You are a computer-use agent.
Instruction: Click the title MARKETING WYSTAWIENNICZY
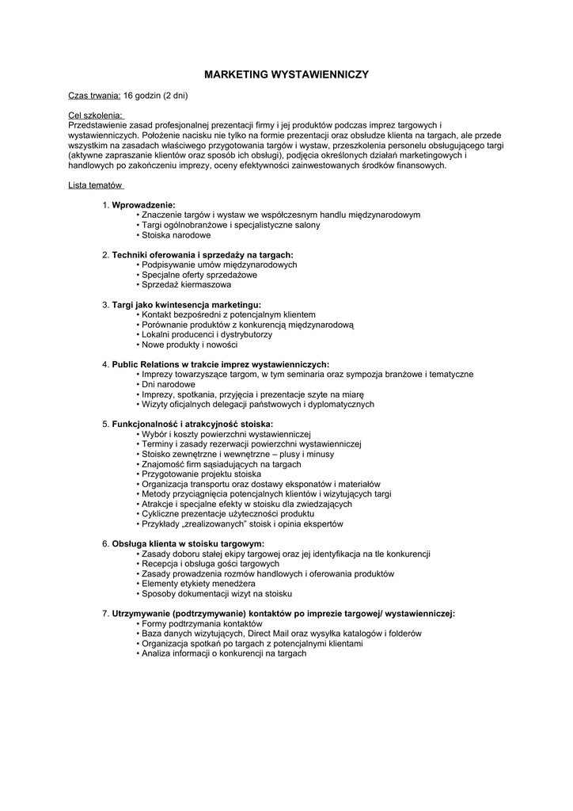coord(286,74)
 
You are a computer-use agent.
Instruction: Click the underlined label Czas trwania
coord(94,96)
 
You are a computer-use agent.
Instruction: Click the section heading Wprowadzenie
coord(144,205)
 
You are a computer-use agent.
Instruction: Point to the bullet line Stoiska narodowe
coord(176,235)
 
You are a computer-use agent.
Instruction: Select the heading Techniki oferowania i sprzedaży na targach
coord(203,255)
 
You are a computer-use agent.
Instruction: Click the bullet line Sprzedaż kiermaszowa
coord(186,284)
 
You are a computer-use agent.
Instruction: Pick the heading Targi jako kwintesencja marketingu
coord(186,304)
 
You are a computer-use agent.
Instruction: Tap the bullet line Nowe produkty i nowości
coord(189,345)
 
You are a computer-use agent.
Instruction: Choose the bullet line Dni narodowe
coord(168,384)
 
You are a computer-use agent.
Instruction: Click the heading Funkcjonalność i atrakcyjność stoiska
coord(192,425)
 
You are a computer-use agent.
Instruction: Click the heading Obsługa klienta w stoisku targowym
coord(188,544)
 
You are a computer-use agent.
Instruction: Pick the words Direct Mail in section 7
coord(271,634)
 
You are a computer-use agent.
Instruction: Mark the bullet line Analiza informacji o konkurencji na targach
coord(223,653)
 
